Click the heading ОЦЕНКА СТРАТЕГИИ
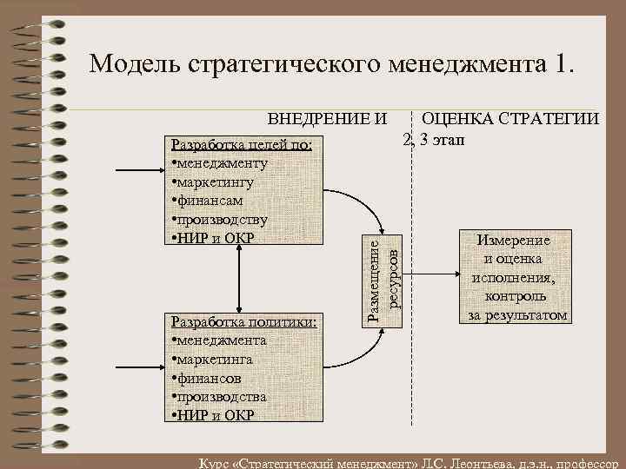click(509, 119)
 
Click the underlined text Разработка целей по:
click(248, 144)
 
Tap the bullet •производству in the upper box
click(220, 220)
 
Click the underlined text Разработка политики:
click(245, 322)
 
